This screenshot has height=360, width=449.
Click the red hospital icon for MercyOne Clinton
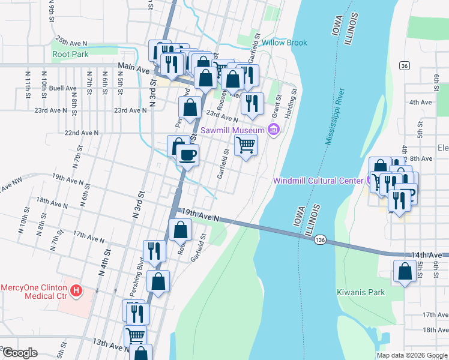click(x=76, y=291)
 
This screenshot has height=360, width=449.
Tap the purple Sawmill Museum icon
click(x=274, y=130)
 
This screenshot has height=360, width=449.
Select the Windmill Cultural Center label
click(x=319, y=181)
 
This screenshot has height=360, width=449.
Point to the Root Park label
click(x=70, y=54)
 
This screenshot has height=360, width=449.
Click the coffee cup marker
click(x=187, y=155)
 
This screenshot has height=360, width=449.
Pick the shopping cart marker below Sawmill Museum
click(x=246, y=145)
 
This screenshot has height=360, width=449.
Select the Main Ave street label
click(x=133, y=69)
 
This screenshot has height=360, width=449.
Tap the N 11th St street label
click(x=28, y=83)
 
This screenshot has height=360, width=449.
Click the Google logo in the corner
click(x=20, y=353)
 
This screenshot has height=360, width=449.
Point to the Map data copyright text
click(x=412, y=355)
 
